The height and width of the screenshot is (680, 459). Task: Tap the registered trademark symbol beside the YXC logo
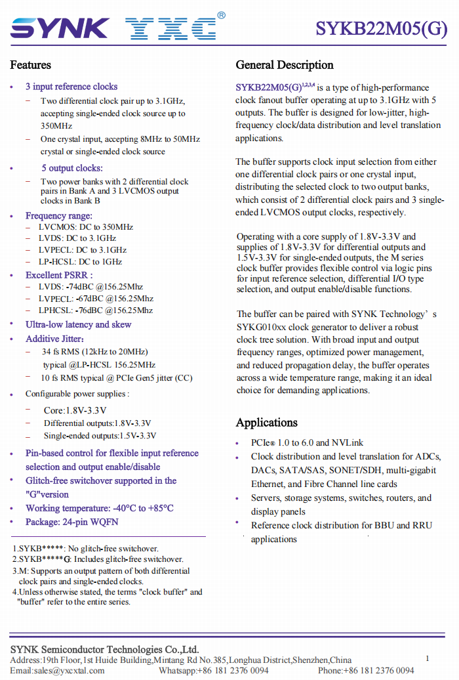pyautogui.click(x=221, y=15)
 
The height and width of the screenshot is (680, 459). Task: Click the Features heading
pyautogui.click(x=30, y=65)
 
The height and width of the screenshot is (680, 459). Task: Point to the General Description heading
pyautogui.click(x=285, y=65)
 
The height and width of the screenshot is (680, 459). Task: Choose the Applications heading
pyautogui.click(x=266, y=423)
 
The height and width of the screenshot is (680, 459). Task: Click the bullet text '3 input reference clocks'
pyautogui.click(x=71, y=87)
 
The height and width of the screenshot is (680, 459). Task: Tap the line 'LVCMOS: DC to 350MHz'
pyautogui.click(x=86, y=227)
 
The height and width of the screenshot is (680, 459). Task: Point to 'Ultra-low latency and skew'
pyautogui.click(x=78, y=324)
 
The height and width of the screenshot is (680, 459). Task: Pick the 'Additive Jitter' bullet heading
pyautogui.click(x=54, y=339)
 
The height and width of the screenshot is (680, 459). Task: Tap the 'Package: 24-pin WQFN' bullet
pyautogui.click(x=72, y=522)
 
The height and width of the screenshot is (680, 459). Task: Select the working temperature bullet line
pyautogui.click(x=100, y=508)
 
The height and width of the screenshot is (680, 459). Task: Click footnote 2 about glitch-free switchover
pyautogui.click(x=98, y=559)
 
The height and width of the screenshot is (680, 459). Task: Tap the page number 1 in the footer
pyautogui.click(x=427, y=658)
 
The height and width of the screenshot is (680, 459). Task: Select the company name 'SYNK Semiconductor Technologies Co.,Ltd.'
pyautogui.click(x=104, y=649)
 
